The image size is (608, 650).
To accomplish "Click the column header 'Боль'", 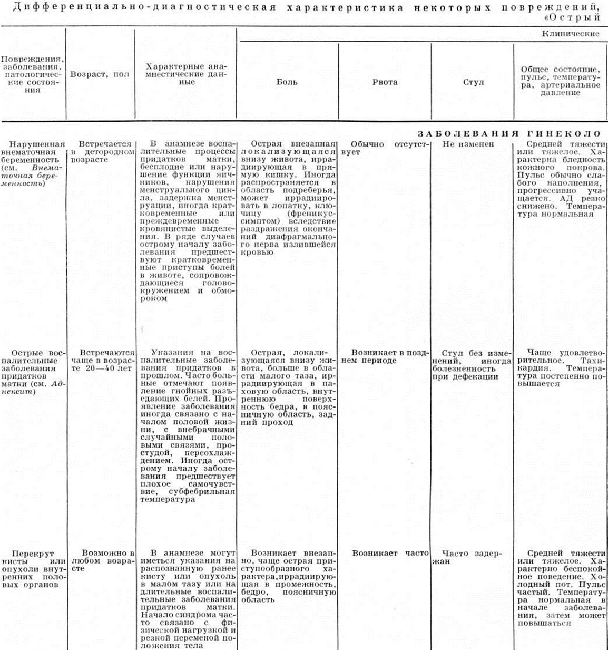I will click(x=287, y=82).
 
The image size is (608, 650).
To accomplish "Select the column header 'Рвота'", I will click(x=385, y=82).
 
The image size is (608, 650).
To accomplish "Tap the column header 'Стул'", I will click(x=473, y=82).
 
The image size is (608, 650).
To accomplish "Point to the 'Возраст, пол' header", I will click(x=100, y=74).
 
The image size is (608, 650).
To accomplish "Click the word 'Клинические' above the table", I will click(x=571, y=34).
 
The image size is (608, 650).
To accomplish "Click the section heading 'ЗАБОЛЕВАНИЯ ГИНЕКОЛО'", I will click(x=509, y=134).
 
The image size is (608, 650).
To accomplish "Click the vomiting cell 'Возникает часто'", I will click(x=390, y=553).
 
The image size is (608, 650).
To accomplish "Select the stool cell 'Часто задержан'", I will click(x=468, y=557).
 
